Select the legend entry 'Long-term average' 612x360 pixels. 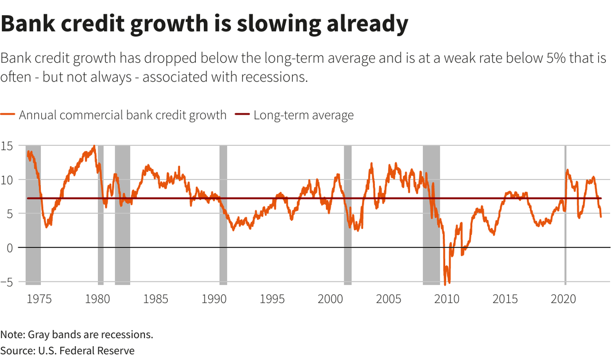303,115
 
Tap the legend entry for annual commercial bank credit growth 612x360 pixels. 122,115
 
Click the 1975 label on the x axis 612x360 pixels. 39,298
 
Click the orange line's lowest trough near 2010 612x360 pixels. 445,284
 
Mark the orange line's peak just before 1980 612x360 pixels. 93,146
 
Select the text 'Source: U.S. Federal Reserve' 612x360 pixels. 67,351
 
